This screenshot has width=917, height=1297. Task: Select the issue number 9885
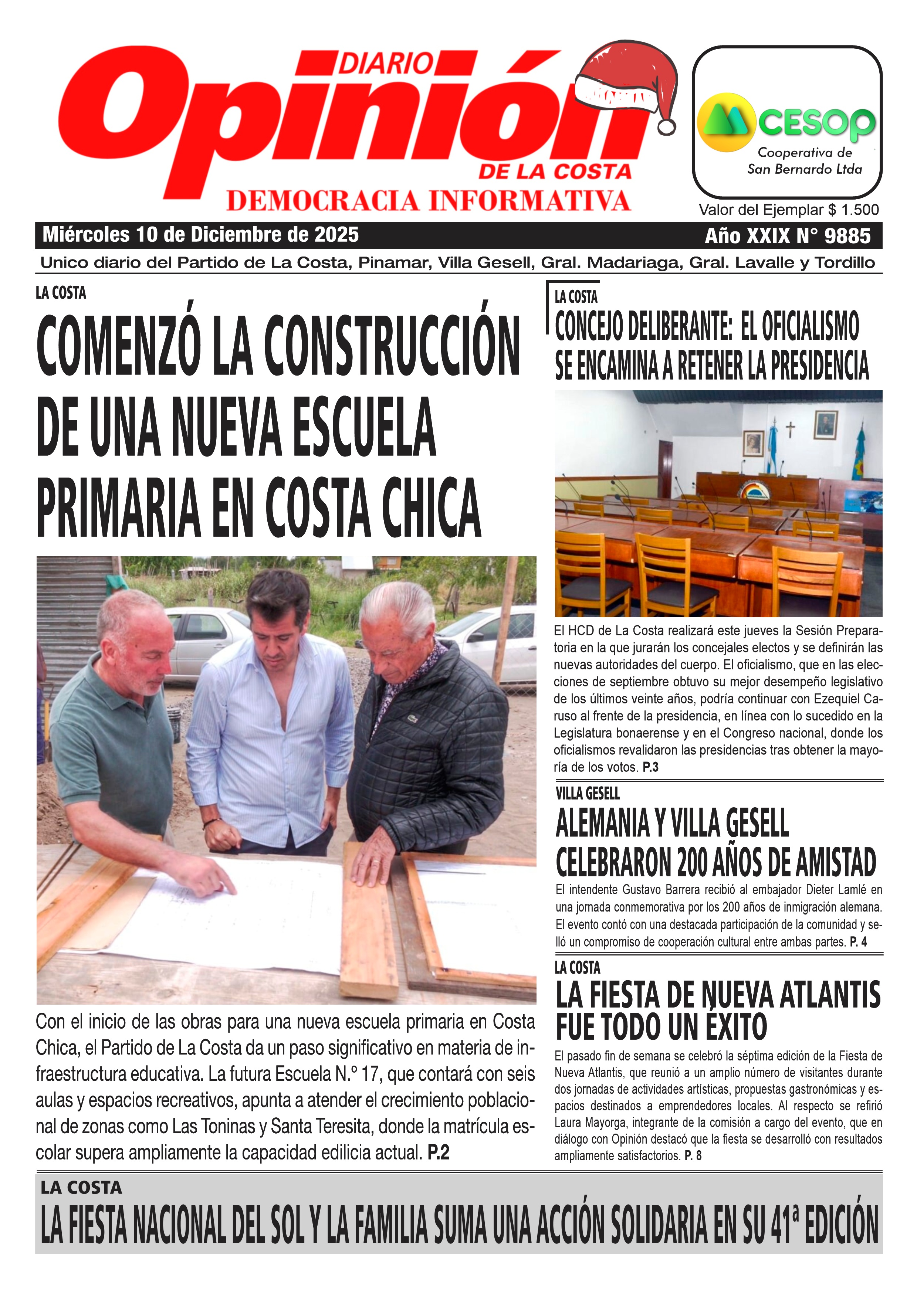tap(847, 235)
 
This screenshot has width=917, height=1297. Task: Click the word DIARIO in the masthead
tap(386, 63)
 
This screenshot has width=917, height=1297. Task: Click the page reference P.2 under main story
tap(439, 1152)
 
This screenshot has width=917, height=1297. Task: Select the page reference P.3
tap(650, 767)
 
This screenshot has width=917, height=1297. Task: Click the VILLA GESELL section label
tap(588, 794)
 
